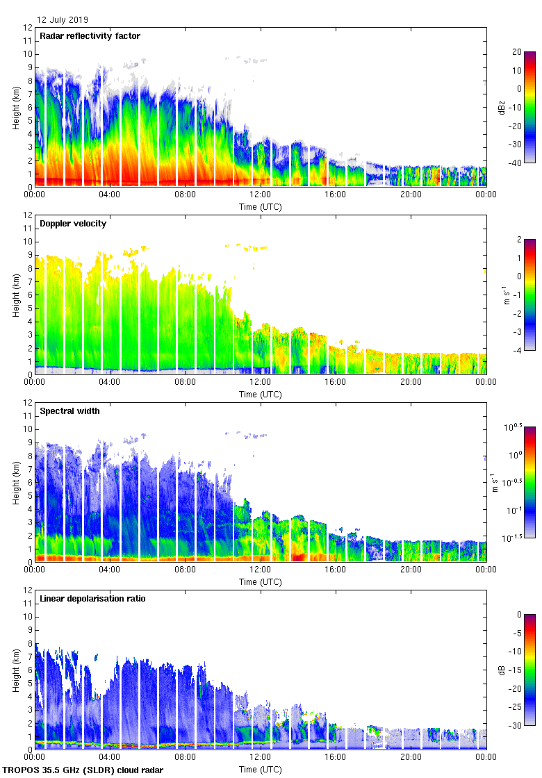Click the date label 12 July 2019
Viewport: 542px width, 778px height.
point(63,20)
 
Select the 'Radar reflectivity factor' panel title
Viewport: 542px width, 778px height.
point(90,36)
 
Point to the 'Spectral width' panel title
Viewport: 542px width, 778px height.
point(69,411)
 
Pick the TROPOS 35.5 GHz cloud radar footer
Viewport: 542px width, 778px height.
point(83,770)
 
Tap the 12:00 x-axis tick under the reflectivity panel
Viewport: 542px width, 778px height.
point(261,194)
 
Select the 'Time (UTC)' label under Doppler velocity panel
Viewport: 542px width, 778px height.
point(261,394)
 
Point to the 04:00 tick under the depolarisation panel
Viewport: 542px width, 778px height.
point(110,757)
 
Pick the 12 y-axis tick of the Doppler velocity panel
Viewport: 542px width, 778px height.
point(28,215)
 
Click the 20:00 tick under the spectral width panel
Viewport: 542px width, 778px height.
point(411,570)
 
